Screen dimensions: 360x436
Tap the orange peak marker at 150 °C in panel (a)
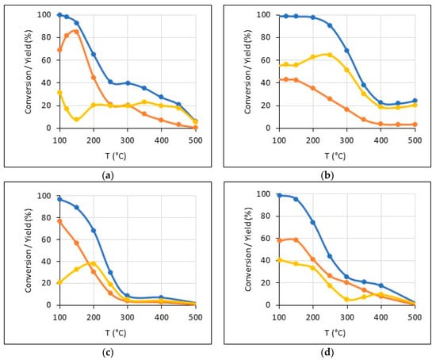coord(76,32)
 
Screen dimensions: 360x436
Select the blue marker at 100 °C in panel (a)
coord(59,15)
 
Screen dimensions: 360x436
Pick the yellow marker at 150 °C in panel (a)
coord(76,119)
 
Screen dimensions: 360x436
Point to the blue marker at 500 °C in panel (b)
coord(415,101)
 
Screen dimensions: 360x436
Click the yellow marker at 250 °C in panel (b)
coord(330,55)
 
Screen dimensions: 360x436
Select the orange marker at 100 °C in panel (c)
coord(59,221)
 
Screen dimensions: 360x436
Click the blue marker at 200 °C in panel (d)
coord(313,222)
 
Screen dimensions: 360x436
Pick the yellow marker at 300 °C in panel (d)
coord(346,299)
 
